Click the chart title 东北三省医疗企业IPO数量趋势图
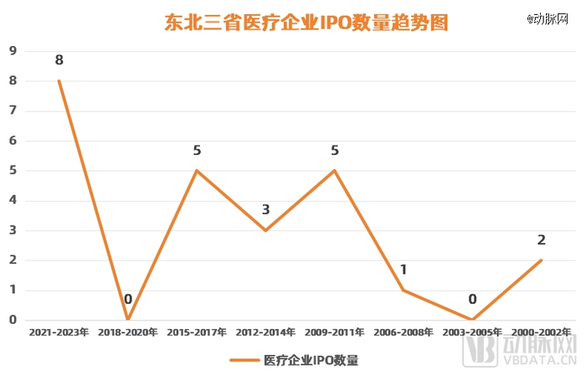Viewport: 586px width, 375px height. (306, 23)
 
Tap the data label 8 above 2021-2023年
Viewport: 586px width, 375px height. (59, 60)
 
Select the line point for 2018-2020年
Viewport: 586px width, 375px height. (128, 319)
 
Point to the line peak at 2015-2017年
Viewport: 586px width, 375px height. (197, 170)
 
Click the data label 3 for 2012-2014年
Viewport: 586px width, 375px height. (266, 210)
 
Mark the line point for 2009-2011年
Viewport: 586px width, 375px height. (335, 170)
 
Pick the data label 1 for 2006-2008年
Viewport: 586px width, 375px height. (404, 270)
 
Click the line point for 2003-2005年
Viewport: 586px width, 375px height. (473, 319)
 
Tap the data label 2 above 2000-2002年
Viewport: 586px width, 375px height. (542, 240)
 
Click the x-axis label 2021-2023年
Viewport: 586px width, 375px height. (59, 332)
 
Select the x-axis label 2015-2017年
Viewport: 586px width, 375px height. (197, 332)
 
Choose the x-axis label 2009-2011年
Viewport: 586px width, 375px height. (335, 332)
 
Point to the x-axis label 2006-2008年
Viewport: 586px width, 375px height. (404, 332)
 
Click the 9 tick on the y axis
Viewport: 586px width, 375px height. (13, 51)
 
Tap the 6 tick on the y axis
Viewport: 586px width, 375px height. (13, 141)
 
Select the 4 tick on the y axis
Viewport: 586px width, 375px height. (13, 200)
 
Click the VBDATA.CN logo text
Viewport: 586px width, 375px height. (544, 362)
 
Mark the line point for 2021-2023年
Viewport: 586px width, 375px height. (59, 80)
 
